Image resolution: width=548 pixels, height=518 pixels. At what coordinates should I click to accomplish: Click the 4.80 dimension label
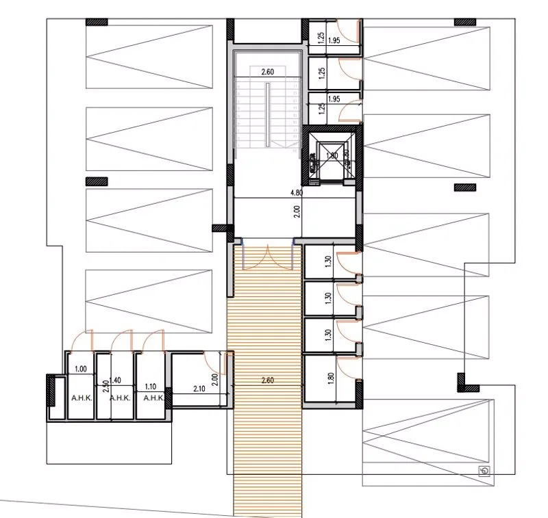pyautogui.click(x=297, y=192)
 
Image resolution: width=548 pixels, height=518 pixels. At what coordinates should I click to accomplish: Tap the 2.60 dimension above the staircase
pyautogui.click(x=267, y=70)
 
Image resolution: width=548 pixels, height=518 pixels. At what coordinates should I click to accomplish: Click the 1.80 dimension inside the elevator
pyautogui.click(x=332, y=155)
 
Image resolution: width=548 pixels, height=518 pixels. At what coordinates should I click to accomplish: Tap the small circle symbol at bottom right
pyautogui.click(x=485, y=470)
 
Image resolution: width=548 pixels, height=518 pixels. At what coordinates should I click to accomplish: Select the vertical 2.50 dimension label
pyautogui.click(x=105, y=387)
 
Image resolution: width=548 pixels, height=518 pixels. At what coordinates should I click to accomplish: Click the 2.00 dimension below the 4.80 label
pyautogui.click(x=297, y=211)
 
